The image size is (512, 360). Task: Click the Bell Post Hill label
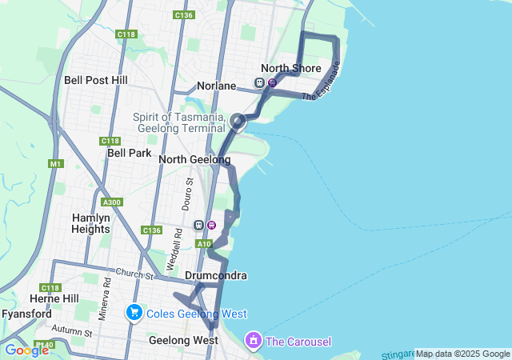coord(96,80)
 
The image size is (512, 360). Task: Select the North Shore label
coord(291,68)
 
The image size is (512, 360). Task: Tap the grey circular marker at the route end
coord(238,122)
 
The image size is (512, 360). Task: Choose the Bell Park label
coord(125,152)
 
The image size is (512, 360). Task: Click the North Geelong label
coord(194,160)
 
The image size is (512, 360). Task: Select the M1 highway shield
coord(55,164)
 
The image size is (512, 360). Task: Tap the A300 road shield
coord(111,202)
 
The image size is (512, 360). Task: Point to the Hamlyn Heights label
coord(91,223)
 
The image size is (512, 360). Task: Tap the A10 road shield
coord(204,244)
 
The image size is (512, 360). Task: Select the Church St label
coord(133,274)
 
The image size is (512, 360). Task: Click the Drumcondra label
coord(215,276)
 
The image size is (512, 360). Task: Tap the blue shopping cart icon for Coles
coord(134,313)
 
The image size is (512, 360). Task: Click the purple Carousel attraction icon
coord(254,341)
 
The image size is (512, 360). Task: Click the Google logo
coord(26,350)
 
